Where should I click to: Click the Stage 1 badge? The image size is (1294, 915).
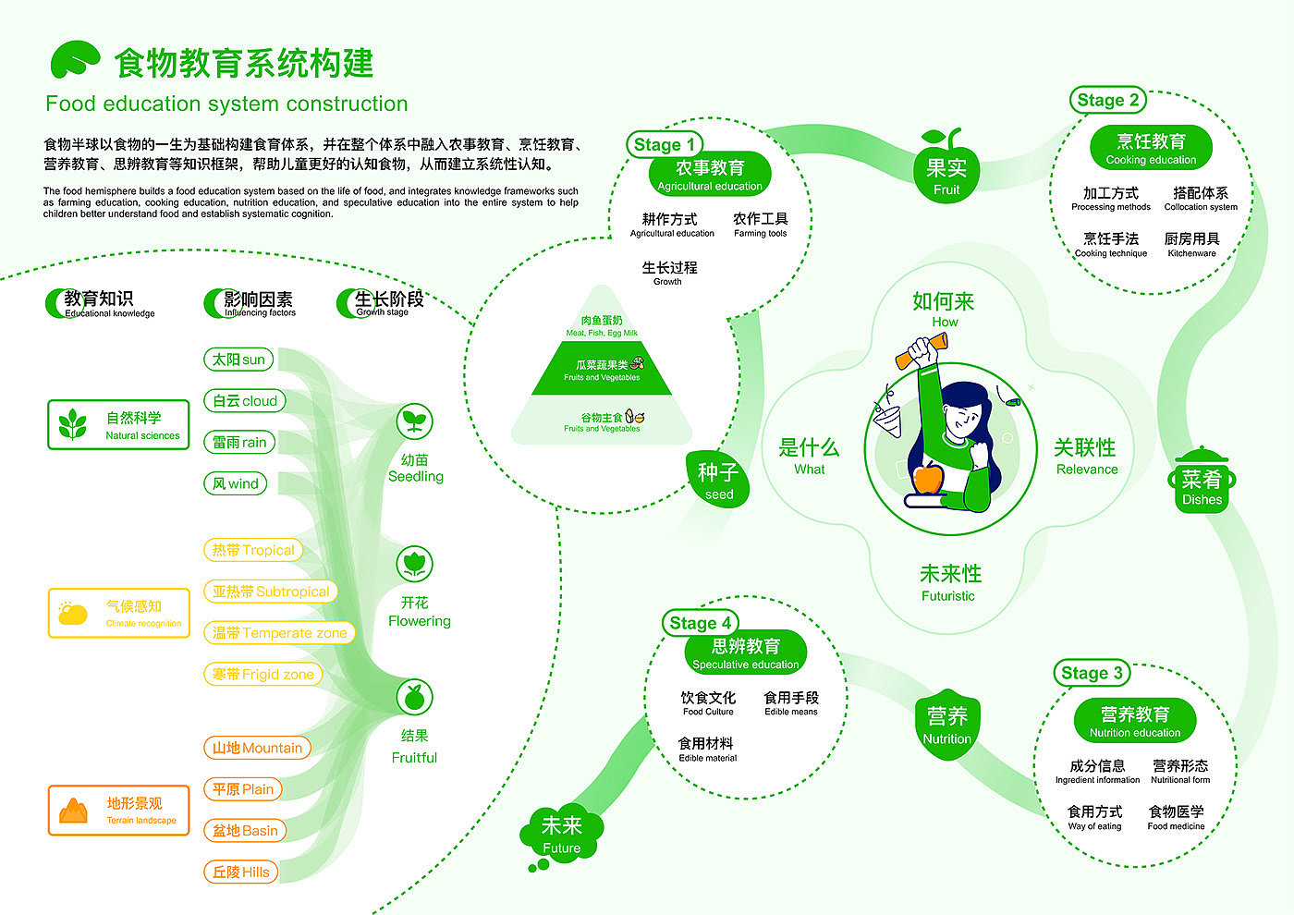click(665, 145)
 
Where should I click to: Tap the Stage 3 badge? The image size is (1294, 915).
click(1092, 673)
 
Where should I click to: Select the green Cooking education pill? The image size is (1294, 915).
click(1151, 148)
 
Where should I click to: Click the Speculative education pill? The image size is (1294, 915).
click(745, 653)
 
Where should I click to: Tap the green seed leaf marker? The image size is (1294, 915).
click(717, 479)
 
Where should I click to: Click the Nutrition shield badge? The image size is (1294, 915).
click(947, 725)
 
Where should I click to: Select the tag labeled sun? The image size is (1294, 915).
click(238, 360)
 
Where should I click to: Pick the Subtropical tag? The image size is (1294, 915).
click(271, 592)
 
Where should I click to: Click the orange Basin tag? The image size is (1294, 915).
click(245, 830)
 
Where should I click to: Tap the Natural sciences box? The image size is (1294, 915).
click(118, 425)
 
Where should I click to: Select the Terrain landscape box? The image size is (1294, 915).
click(118, 811)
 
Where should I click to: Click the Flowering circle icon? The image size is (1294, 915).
click(414, 564)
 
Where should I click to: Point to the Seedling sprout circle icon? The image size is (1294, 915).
click(414, 422)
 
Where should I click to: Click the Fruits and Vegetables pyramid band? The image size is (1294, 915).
click(602, 369)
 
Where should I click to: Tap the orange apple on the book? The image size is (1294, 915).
click(928, 479)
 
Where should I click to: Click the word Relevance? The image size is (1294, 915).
click(1086, 470)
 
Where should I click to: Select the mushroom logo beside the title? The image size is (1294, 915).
click(74, 60)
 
